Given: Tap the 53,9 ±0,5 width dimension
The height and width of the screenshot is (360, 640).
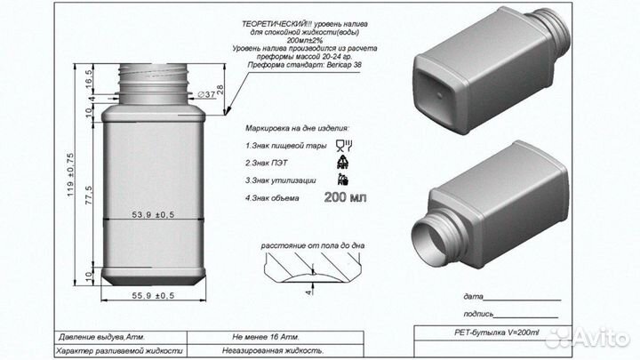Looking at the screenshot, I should pyautogui.click(x=153, y=214).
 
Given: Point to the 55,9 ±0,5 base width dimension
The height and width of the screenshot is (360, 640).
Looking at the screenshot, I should pyautogui.click(x=153, y=294).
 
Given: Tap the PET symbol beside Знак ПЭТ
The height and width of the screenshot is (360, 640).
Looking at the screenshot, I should pyautogui.click(x=344, y=162).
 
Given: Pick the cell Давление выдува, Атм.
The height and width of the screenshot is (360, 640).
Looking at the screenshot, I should pyautogui.click(x=102, y=338).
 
